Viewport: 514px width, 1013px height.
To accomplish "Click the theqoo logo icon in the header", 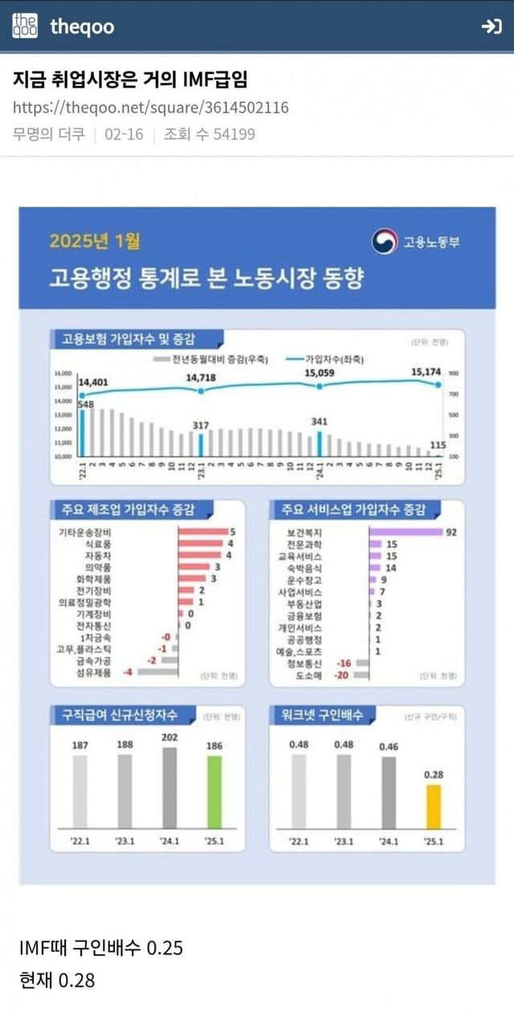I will tap(24, 26).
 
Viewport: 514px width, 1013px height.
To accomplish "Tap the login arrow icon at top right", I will tap(491, 27).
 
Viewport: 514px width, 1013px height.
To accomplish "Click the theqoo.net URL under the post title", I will tap(151, 108).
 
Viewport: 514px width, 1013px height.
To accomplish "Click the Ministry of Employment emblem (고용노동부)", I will tap(385, 241).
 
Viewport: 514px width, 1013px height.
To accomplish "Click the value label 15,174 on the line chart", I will tap(426, 371).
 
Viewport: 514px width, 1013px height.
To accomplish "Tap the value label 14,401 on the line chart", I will tap(93, 382).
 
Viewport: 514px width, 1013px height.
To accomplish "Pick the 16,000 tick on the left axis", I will tap(63, 374).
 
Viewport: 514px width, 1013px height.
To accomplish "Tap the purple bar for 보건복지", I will tap(406, 532).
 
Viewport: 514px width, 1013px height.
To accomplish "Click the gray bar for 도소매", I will tap(361, 675).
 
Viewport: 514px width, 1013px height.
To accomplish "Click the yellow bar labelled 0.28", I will tap(433, 806).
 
